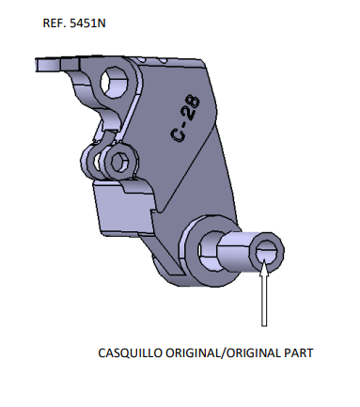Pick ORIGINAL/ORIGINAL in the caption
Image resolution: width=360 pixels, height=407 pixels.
coord(222,353)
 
